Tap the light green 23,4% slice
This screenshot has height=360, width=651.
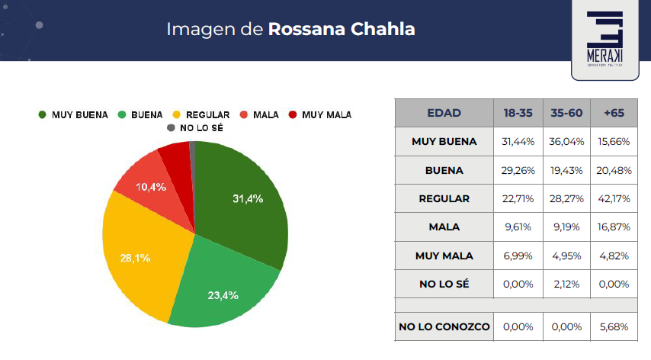(x=221, y=290)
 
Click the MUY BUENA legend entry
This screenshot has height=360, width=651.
(x=73, y=114)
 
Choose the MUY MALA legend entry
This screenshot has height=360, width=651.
(x=320, y=114)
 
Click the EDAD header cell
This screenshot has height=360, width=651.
(x=444, y=113)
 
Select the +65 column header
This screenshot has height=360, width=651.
(x=614, y=113)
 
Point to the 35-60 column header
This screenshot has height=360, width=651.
(x=567, y=113)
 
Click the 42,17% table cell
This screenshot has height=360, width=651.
(x=614, y=198)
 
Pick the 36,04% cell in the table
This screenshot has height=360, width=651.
(x=567, y=141)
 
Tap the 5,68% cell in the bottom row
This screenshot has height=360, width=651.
(x=614, y=326)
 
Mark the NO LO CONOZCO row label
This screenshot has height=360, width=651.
(x=444, y=326)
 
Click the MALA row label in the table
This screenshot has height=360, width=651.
(x=444, y=227)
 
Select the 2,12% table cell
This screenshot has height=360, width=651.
(x=567, y=284)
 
